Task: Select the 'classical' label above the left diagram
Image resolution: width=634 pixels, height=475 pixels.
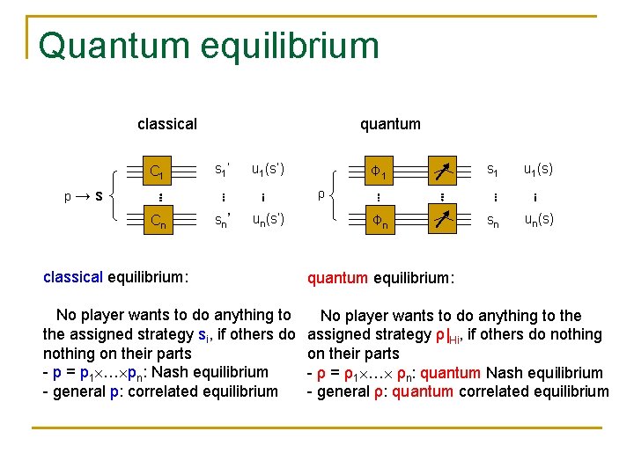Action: click(167, 124)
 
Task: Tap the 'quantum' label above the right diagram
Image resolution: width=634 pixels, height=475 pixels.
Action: click(390, 124)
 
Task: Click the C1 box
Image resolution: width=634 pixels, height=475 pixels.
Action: click(159, 171)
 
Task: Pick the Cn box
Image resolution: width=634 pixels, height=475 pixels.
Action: click(159, 221)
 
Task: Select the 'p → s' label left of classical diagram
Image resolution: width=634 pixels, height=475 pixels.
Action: click(85, 195)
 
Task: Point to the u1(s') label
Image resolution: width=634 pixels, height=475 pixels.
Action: click(268, 168)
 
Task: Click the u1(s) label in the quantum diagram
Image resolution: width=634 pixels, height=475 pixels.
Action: click(538, 168)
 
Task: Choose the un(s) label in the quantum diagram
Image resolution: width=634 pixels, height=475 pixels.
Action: click(538, 219)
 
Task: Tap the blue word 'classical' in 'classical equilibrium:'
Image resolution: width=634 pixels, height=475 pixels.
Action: click(73, 278)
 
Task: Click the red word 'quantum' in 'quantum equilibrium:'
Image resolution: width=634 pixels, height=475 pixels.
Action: click(337, 279)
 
